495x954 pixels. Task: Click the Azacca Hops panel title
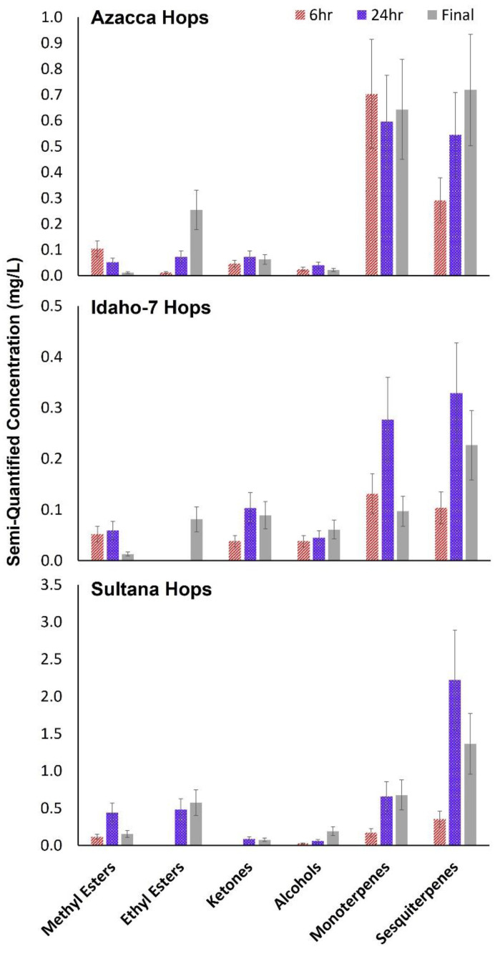[x=150, y=18]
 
